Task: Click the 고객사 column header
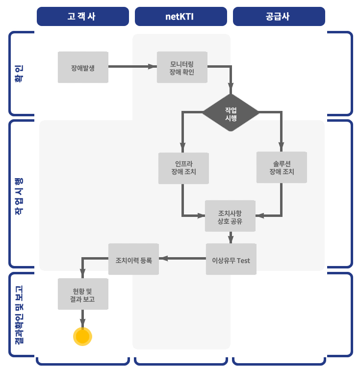click(82, 16)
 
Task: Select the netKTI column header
click(180, 16)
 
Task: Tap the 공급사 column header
click(279, 16)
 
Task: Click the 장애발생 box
click(83, 67)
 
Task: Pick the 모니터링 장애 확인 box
click(182, 67)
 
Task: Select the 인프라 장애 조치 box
click(183, 168)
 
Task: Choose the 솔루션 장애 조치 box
click(282, 168)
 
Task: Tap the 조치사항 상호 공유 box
click(230, 216)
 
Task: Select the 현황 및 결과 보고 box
click(82, 294)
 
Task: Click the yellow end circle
click(82, 337)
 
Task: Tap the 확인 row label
click(19, 73)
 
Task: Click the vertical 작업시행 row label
click(19, 196)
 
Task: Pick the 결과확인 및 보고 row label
click(19, 314)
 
